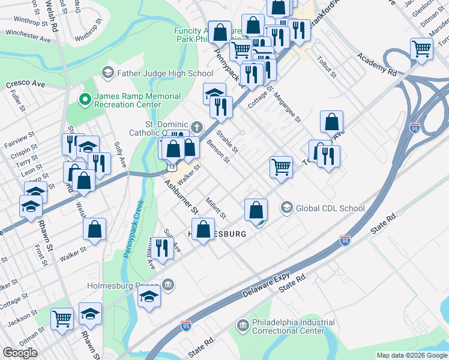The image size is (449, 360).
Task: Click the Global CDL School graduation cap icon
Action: click(x=287, y=208)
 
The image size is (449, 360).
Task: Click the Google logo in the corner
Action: click(x=20, y=353)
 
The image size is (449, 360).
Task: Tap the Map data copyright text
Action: click(x=412, y=355)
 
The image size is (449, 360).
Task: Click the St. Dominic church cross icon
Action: click(x=197, y=127)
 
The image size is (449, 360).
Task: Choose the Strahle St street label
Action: click(x=227, y=142)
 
